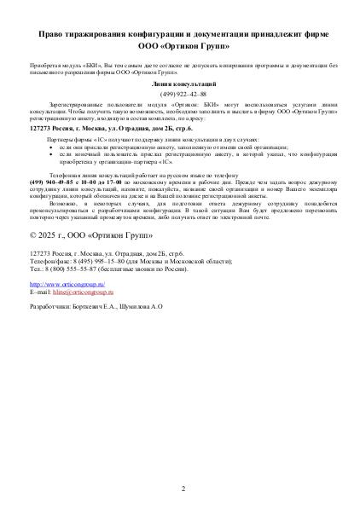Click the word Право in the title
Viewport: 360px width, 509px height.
click(52, 32)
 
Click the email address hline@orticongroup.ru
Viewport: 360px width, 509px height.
click(81, 267)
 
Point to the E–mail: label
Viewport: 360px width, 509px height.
click(39, 267)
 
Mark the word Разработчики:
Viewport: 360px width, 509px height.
click(49, 281)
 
